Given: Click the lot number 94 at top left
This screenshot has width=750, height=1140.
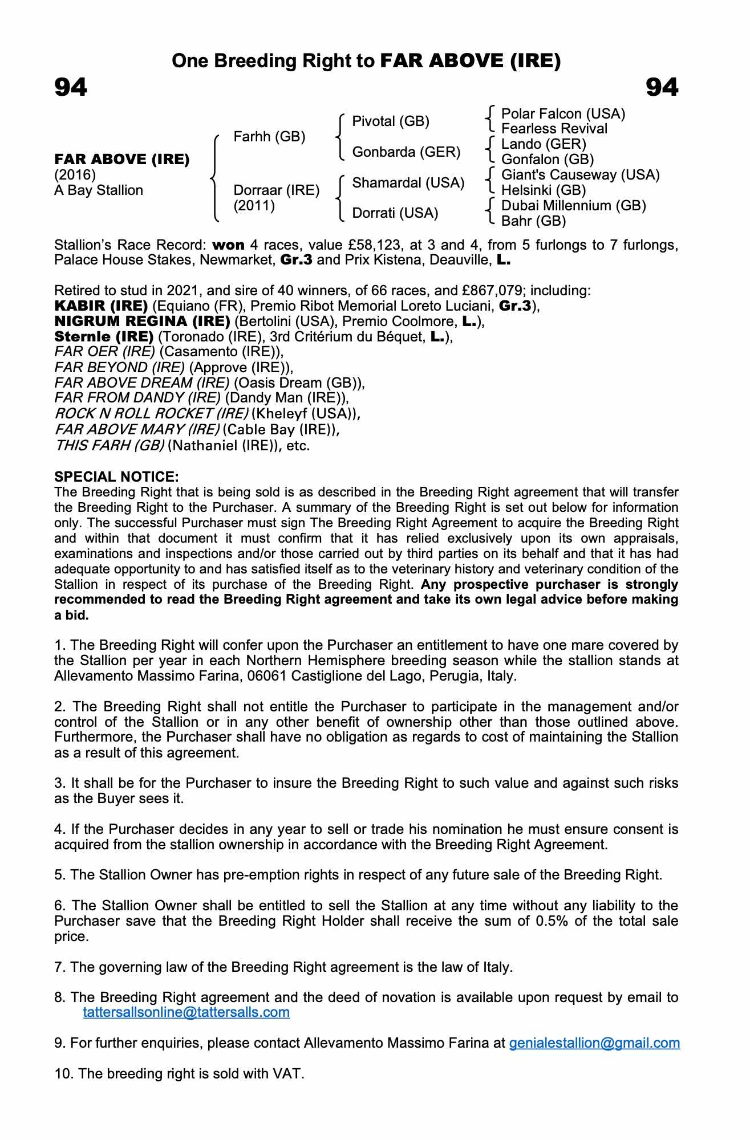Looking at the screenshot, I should coord(71,88).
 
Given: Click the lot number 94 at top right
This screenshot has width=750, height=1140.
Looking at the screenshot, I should coord(662,88).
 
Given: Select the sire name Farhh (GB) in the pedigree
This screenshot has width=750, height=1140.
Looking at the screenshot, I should coord(269,137).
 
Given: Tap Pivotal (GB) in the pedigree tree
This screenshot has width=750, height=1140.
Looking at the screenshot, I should coord(391,121).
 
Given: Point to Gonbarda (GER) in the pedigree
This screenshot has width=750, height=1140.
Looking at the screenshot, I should coord(406,152).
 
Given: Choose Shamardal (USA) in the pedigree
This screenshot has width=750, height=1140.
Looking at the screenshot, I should coord(408,183).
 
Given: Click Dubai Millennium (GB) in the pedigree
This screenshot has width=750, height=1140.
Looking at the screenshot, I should coord(573,205).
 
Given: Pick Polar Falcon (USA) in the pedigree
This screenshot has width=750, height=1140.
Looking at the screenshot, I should coord(563,114).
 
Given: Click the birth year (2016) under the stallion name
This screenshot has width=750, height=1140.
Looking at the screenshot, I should coord(75,175).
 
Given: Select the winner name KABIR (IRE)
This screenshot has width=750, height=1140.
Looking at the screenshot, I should coord(101,306).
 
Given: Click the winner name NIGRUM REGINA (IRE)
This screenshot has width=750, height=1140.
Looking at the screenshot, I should coord(142,321).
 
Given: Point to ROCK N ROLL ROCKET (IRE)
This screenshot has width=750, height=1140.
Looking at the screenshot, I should coord(151,414).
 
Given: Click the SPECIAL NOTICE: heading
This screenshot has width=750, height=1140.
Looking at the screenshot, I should coord(116,477).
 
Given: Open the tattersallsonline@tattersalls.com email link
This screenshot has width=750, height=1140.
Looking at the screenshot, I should coord(186,1012).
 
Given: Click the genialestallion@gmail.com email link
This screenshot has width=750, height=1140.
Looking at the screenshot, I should coord(594,1043).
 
